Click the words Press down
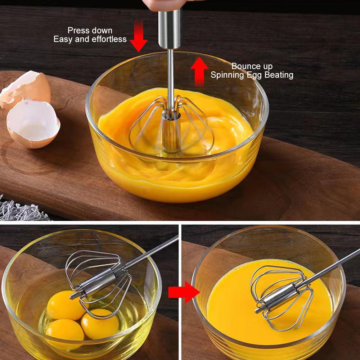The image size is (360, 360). [90, 31]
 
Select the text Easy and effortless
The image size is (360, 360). [90, 39]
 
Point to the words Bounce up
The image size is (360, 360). [252, 66]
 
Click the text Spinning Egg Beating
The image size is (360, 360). [252, 75]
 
